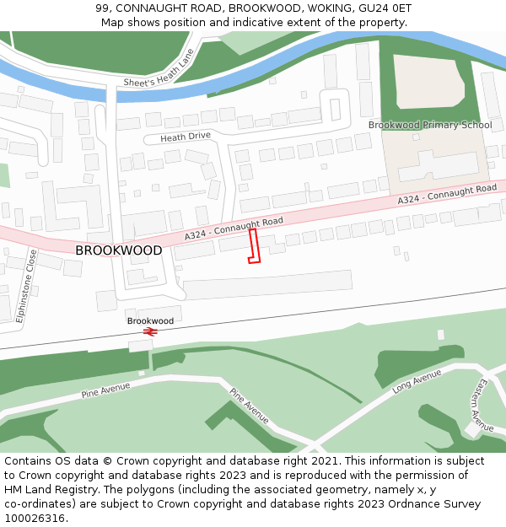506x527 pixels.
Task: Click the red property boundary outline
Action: coord(254,246)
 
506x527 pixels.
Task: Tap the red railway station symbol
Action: coord(151,332)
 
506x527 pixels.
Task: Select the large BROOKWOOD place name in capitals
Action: coord(119,250)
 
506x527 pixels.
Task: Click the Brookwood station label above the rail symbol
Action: coord(150,321)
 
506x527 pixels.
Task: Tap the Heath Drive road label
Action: coord(178,136)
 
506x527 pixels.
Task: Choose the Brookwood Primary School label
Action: coord(429,125)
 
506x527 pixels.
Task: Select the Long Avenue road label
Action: coord(417,381)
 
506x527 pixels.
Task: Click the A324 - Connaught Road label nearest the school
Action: coord(447,195)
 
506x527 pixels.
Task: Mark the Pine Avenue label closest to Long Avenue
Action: coord(250,406)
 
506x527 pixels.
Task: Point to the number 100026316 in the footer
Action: coord(33,518)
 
